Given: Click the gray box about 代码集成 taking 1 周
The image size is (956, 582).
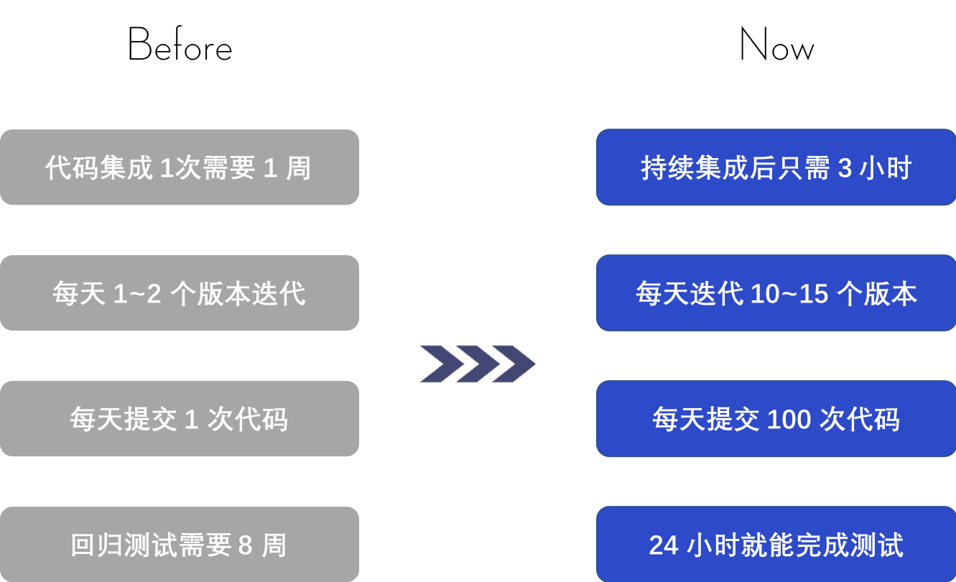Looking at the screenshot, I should pos(179,167).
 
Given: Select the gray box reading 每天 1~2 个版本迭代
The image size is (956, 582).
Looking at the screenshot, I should pos(179,293).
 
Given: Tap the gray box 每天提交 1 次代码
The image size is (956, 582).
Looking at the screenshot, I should pos(179,419).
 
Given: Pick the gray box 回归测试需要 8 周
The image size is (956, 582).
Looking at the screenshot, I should pos(179,545).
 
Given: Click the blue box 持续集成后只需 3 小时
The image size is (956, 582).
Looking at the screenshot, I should pos(776,167).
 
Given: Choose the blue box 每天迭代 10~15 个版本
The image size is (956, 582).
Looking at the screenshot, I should pos(776,293).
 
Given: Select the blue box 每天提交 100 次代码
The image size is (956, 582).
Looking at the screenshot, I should pos(776,419).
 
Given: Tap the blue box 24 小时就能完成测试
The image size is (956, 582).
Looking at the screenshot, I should pos(776,545).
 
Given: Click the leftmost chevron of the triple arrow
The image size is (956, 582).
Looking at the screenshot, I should pos(440,364).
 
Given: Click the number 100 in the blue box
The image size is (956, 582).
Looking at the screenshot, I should pos(789,420).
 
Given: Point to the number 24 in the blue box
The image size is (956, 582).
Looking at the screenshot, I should pos(664,545).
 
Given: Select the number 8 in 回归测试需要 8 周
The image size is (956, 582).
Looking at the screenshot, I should pos(245,545).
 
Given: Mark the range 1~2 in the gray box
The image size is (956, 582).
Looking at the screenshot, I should pos(137,294).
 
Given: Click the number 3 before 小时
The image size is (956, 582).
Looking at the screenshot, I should pos(845,168).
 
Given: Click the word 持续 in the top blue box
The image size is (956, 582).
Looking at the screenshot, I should pos(667,168).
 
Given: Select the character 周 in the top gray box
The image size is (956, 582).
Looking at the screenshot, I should pos(298,168).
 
